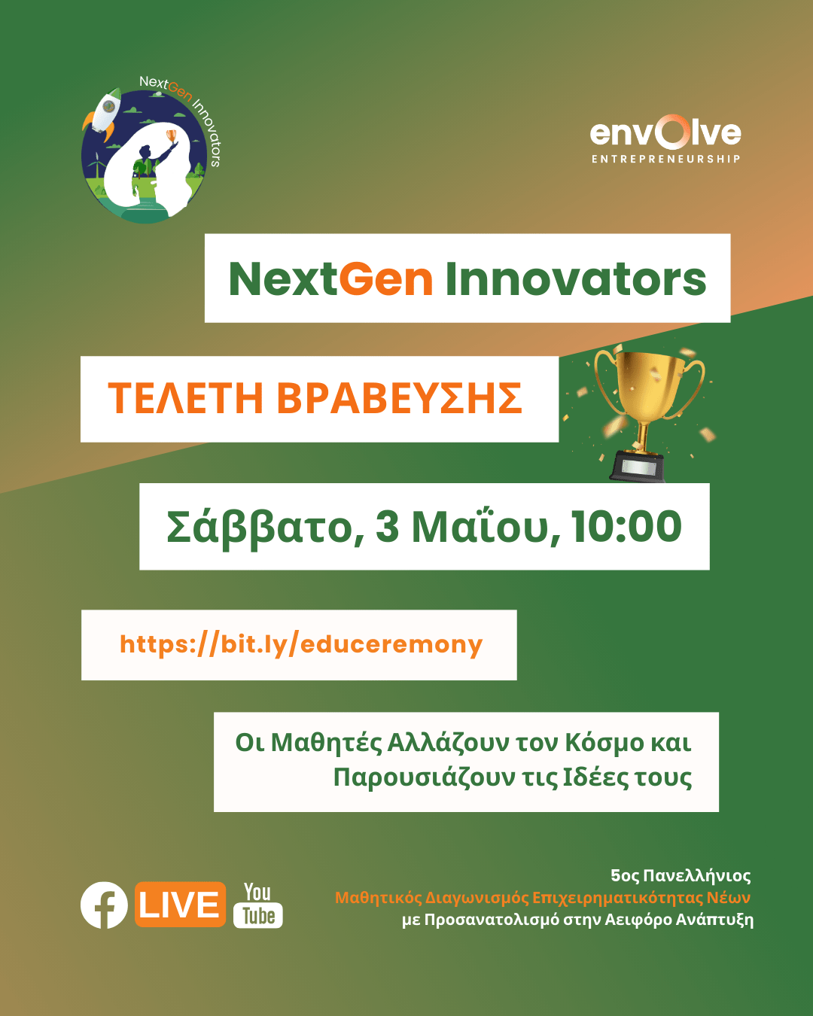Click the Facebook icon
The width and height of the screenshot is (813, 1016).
104,905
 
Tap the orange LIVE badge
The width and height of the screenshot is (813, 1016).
180,904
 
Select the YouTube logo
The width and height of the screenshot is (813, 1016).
258,905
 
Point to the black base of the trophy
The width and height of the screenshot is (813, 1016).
638,467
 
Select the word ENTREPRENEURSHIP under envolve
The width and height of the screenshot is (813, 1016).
665,159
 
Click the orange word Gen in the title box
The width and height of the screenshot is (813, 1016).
385,279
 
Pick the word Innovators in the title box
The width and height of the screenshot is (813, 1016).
576,279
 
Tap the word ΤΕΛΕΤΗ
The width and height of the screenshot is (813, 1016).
185,398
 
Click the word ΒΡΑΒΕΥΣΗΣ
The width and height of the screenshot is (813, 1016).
400,398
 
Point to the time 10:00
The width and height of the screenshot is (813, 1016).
626,526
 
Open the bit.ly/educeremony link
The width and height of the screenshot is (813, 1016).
301,644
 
